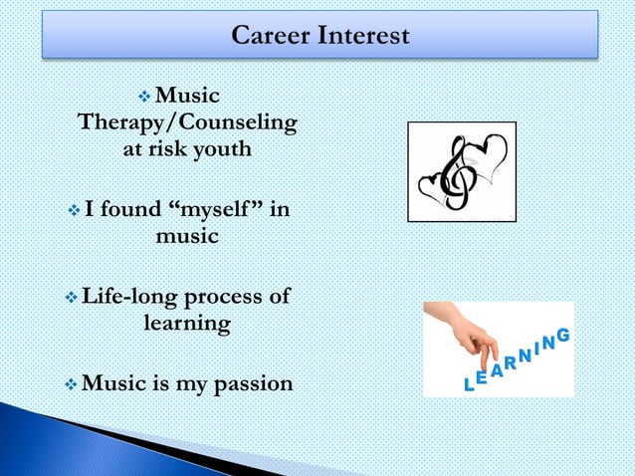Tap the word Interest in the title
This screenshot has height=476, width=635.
pos(363,36)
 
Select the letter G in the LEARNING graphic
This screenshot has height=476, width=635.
pos(562,337)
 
